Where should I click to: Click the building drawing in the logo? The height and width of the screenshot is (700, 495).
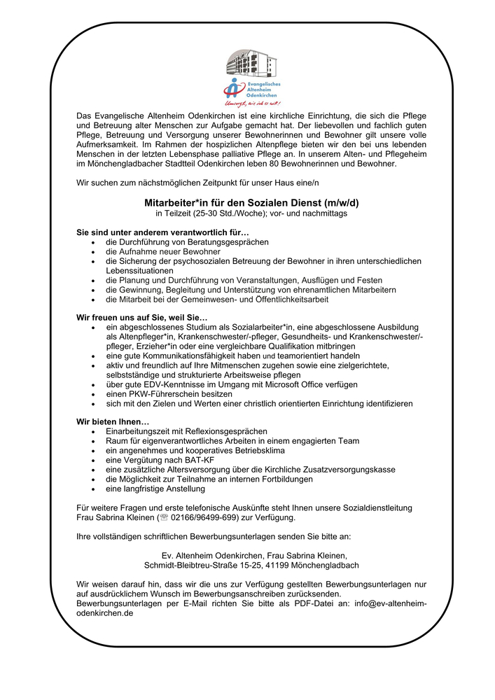(x=249, y=64)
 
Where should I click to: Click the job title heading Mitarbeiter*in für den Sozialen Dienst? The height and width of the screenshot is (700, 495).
(x=251, y=203)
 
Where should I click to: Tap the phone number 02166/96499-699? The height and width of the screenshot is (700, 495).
(x=198, y=518)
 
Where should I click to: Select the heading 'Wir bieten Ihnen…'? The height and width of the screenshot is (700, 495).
(x=113, y=421)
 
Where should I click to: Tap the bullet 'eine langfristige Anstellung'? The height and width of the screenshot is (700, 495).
(x=155, y=489)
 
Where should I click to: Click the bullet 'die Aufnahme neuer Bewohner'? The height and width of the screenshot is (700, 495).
(x=163, y=251)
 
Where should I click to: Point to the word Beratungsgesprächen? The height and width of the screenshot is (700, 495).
(x=227, y=241)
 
